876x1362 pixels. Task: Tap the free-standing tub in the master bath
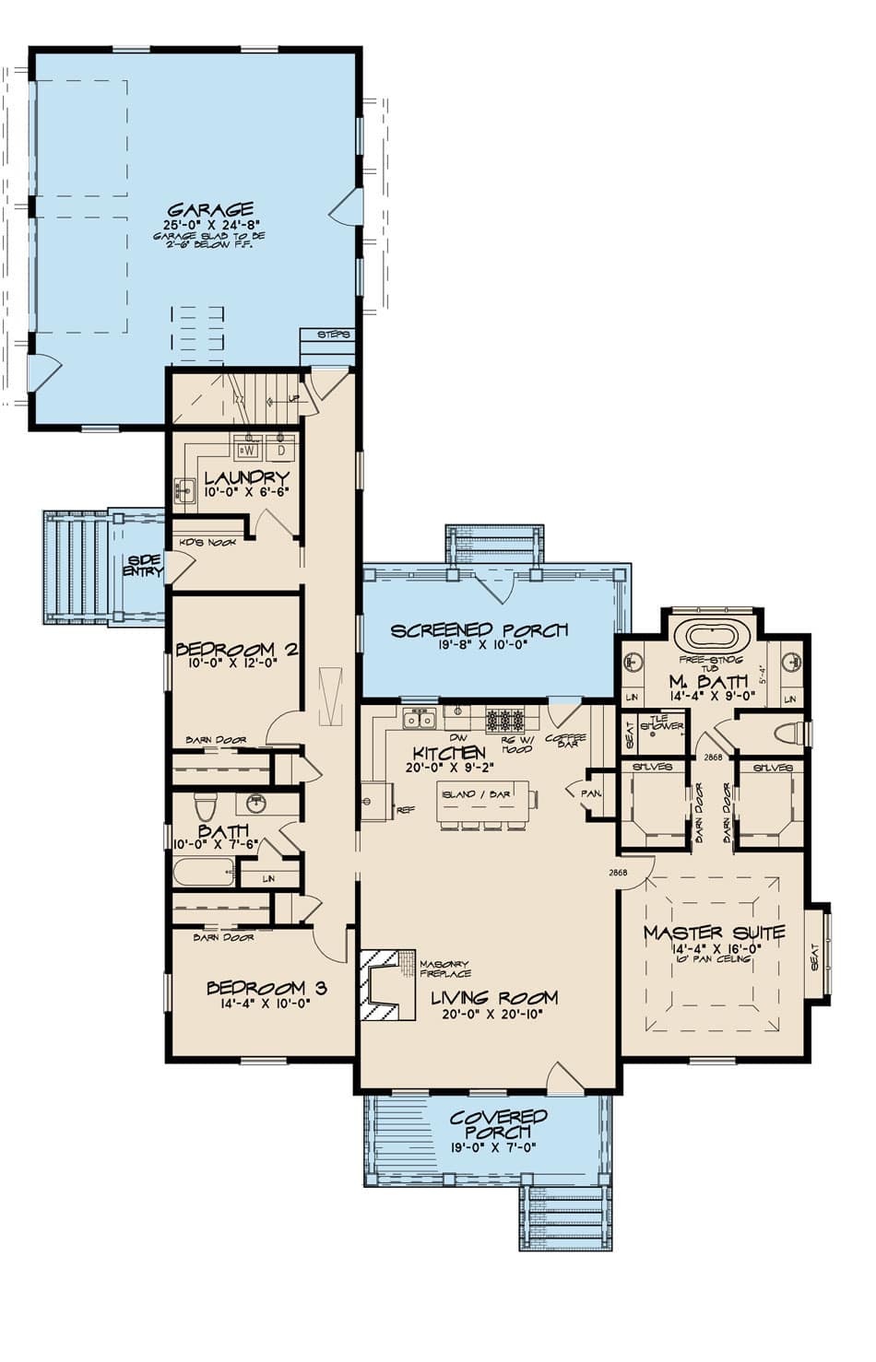(705, 637)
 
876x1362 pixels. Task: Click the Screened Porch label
(479, 631)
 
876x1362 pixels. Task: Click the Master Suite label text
(714, 933)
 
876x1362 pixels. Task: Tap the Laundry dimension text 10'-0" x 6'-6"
(246, 493)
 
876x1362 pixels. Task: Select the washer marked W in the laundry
(247, 451)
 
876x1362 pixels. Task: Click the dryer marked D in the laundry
(280, 451)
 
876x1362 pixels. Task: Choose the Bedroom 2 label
(236, 650)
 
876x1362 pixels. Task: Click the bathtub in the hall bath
(204, 872)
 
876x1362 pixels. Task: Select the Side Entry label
(145, 566)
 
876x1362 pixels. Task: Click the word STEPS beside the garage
(333, 335)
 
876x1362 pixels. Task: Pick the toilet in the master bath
(787, 734)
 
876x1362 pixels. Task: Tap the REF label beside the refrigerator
(405, 811)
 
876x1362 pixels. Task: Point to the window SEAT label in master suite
(814, 961)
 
